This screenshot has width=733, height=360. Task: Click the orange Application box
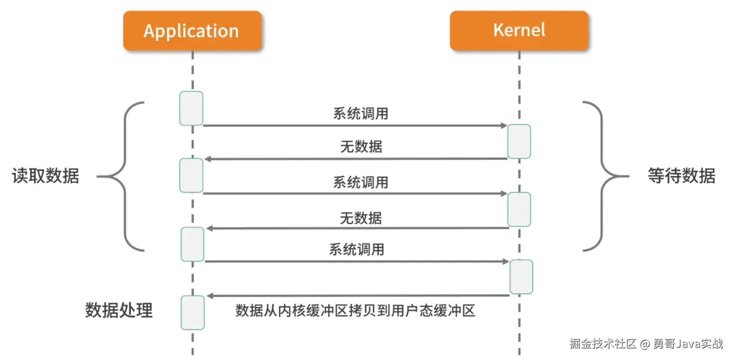click(192, 31)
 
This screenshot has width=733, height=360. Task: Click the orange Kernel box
click(519, 30)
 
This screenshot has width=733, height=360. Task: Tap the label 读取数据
click(45, 176)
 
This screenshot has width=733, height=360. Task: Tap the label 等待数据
click(681, 176)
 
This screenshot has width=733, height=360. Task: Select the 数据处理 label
click(119, 310)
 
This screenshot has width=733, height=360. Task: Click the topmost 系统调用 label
click(361, 114)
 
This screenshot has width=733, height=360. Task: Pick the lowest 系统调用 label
click(357, 249)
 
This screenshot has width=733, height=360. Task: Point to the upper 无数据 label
click(361, 147)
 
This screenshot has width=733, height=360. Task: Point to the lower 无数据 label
click(361, 218)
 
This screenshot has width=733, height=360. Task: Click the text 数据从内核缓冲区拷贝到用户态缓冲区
click(355, 311)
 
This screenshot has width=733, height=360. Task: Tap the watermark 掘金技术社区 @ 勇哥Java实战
click(646, 344)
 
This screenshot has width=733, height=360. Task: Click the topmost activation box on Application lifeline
click(191, 108)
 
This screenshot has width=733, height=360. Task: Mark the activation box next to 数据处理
click(193, 312)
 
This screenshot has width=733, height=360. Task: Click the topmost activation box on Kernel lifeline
click(519, 142)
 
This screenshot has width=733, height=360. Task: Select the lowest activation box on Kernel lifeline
click(521, 277)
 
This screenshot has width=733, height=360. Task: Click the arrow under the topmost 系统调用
click(355, 126)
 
